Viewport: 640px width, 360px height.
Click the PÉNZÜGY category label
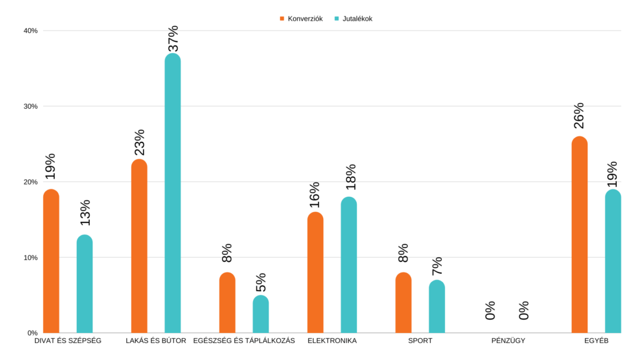coord(507,341)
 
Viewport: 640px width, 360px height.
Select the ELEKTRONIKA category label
coord(332,341)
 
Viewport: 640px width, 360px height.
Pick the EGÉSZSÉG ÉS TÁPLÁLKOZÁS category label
coord(244,341)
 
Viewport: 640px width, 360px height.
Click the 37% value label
coord(173,38)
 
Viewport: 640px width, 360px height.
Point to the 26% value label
coord(579,116)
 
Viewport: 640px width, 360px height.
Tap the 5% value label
coord(261,282)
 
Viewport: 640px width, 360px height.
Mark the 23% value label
coord(139,142)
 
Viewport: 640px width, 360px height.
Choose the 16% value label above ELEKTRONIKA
coord(315,194)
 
